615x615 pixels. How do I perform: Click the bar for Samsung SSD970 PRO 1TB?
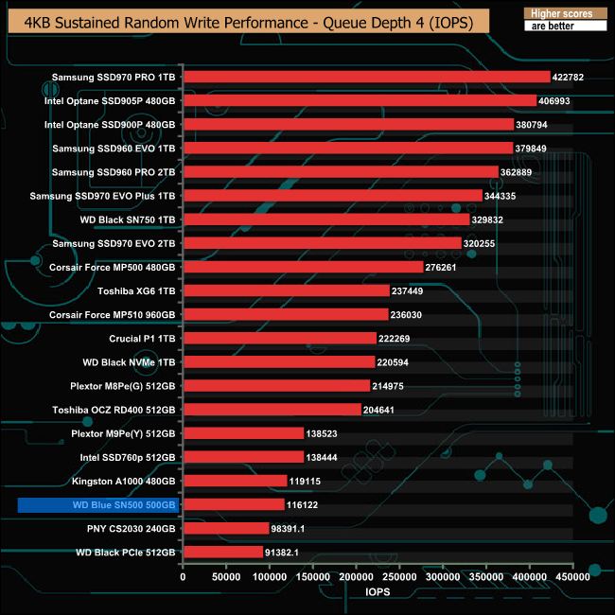tap(365, 77)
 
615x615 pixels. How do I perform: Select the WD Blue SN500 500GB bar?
tap(233, 505)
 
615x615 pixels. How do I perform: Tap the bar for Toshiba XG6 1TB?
tap(285, 290)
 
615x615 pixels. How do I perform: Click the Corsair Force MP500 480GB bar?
tap(302, 267)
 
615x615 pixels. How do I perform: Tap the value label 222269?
tap(400, 339)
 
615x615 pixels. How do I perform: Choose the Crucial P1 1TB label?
tap(142, 338)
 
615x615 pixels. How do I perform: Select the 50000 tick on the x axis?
tap(225, 575)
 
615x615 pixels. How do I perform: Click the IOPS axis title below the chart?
tap(378, 591)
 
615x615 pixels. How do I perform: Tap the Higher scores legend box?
tap(566, 14)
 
